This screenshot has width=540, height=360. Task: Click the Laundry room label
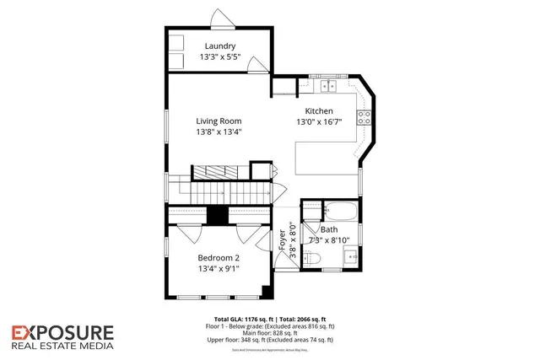(x=218, y=46)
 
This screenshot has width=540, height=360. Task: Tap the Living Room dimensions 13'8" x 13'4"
(x=218, y=132)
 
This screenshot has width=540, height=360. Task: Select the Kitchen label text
(x=319, y=110)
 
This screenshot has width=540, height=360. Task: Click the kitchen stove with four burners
(x=365, y=118)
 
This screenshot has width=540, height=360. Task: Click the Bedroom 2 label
(x=219, y=258)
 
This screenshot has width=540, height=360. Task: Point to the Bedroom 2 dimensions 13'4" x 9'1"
(x=219, y=270)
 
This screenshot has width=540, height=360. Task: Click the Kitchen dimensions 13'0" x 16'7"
(x=319, y=122)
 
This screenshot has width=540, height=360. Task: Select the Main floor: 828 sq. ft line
(x=269, y=333)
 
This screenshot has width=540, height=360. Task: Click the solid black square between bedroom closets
(x=218, y=215)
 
